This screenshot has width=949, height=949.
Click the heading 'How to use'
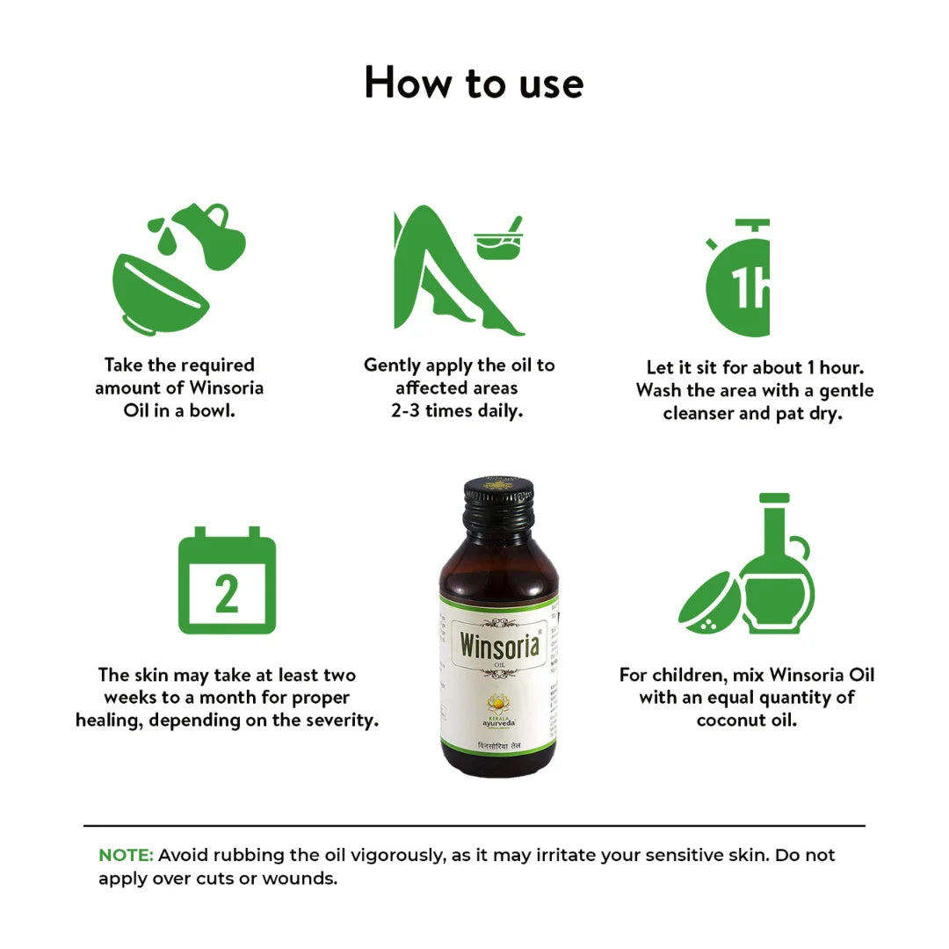(474, 83)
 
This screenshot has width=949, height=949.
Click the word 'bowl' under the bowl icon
(214, 410)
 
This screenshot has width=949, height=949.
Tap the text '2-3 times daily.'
(457, 410)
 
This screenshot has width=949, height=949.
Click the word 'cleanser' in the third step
(699, 413)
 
